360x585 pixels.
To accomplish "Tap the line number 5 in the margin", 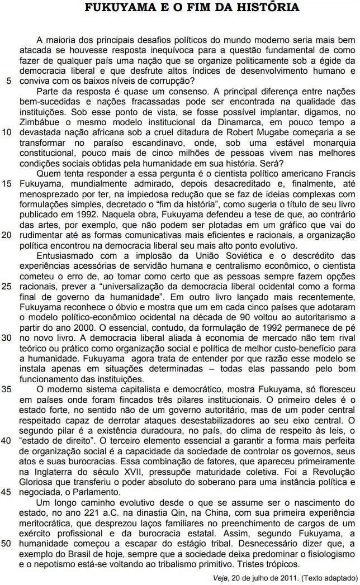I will pyautogui.click(x=8, y=80).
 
